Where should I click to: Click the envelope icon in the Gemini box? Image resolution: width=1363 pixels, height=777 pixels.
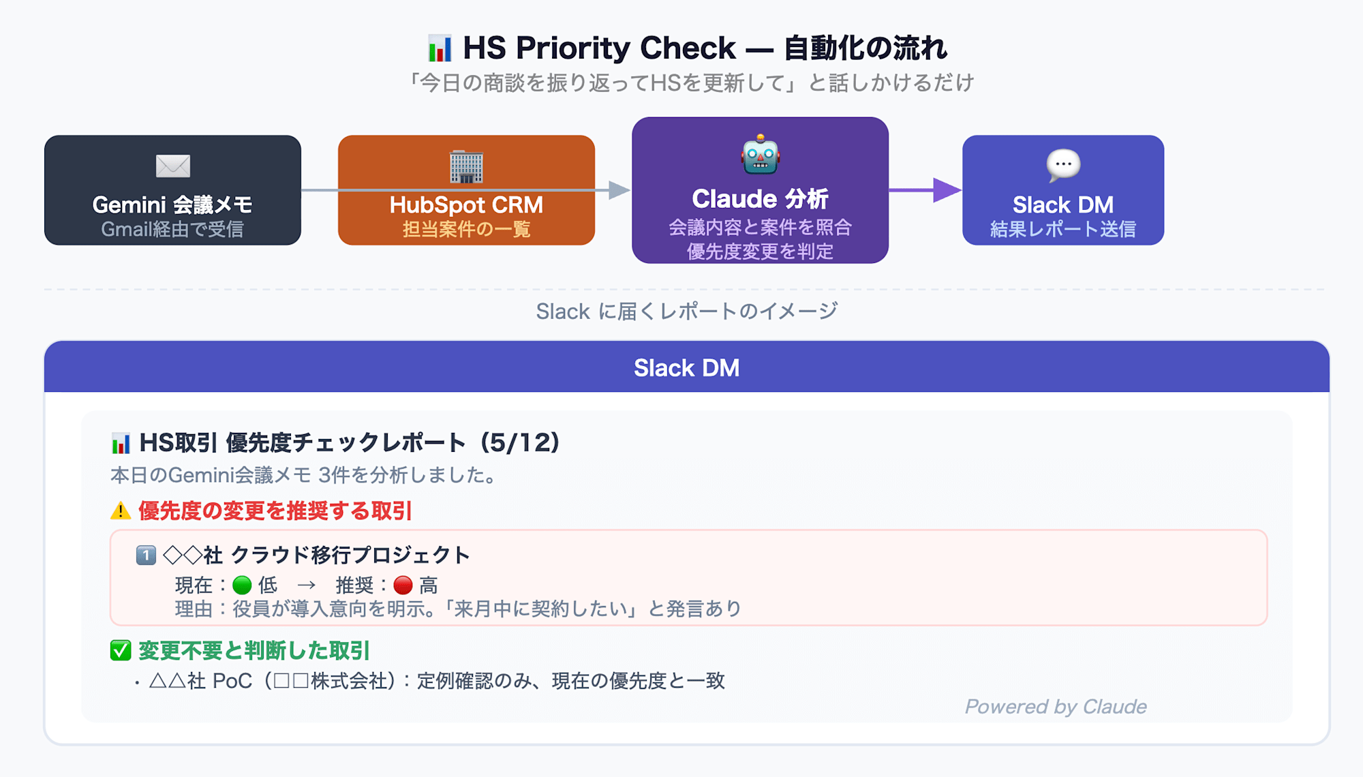pyautogui.click(x=173, y=166)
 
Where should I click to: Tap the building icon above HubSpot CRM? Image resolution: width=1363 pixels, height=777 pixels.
pyautogui.click(x=466, y=166)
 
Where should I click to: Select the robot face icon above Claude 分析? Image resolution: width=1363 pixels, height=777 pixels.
pyautogui.click(x=760, y=154)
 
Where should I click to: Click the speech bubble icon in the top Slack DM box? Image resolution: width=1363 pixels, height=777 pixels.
pyautogui.click(x=1063, y=165)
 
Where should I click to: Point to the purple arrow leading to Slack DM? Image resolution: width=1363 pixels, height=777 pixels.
pyautogui.click(x=925, y=190)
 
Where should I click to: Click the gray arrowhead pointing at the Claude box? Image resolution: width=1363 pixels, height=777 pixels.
pyautogui.click(x=619, y=190)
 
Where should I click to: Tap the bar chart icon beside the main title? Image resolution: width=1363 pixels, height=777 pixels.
pyautogui.click(x=440, y=48)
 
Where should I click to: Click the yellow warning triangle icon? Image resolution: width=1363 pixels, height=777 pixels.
pyautogui.click(x=121, y=511)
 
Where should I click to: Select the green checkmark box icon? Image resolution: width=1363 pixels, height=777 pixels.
pyautogui.click(x=121, y=650)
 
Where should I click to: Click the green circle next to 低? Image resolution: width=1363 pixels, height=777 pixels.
pyautogui.click(x=242, y=585)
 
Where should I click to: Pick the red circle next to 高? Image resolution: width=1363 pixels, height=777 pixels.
pyautogui.click(x=403, y=585)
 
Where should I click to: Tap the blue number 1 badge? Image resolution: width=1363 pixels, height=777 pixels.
pyautogui.click(x=146, y=555)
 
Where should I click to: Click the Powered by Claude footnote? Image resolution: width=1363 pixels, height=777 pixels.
pyautogui.click(x=1056, y=707)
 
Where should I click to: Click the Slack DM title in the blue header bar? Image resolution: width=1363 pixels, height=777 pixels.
pyautogui.click(x=686, y=368)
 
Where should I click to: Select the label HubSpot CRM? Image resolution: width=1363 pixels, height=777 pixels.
pyautogui.click(x=466, y=204)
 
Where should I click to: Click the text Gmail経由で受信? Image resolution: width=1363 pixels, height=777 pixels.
pyautogui.click(x=172, y=229)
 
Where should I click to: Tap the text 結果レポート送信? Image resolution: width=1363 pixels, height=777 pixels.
pyautogui.click(x=1063, y=229)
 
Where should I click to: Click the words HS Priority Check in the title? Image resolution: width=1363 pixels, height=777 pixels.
pyautogui.click(x=599, y=48)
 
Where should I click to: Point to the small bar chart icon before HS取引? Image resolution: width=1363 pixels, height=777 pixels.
pyautogui.click(x=121, y=444)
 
